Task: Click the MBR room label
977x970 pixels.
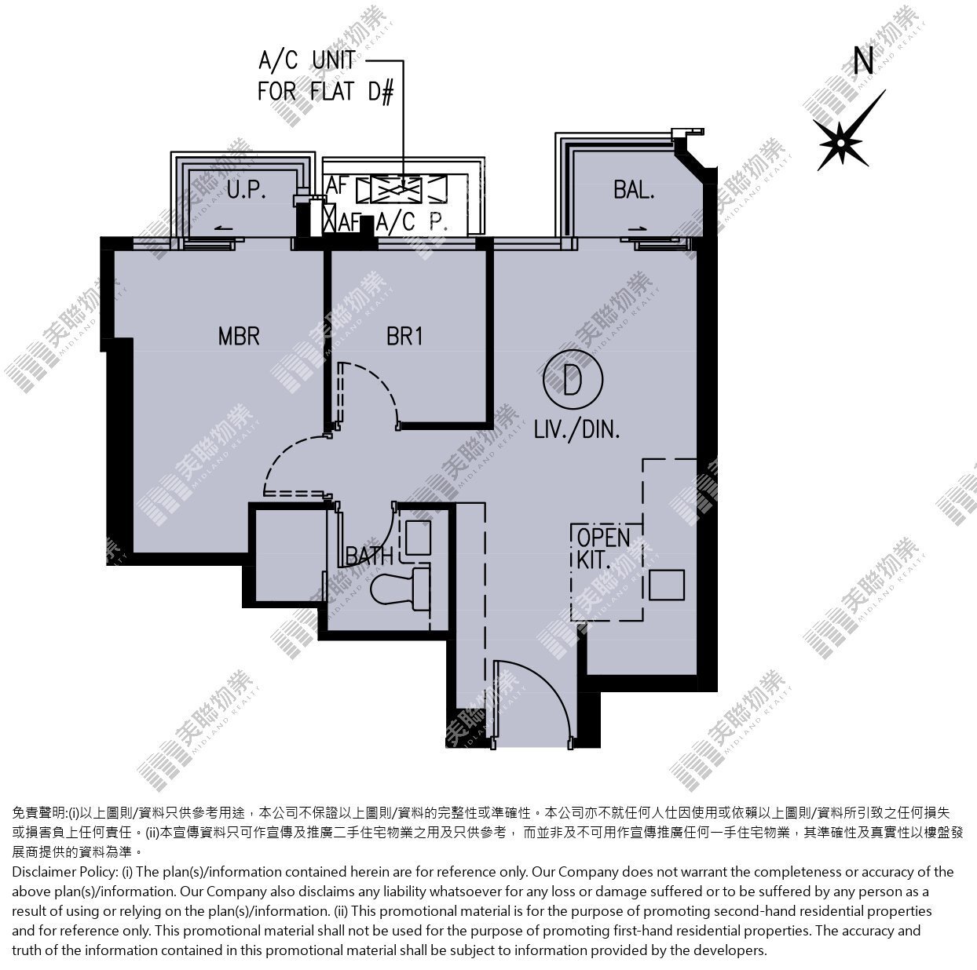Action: (239, 336)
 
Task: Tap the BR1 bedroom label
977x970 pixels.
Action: (404, 336)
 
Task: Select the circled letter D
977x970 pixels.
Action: (573, 380)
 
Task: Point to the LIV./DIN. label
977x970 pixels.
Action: (577, 430)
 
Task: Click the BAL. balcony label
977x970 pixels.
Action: (634, 190)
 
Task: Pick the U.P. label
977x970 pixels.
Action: (247, 190)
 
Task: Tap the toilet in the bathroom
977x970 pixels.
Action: (401, 589)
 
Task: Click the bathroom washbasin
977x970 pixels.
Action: (419, 538)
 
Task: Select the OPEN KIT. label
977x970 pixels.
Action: (603, 549)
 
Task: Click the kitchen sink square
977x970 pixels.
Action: (667, 585)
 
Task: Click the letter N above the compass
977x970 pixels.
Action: (864, 60)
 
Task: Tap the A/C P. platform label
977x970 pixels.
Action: (412, 221)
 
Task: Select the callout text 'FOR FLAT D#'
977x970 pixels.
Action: (325, 92)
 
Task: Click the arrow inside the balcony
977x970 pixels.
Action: (640, 228)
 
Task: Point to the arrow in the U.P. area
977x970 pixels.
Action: (223, 228)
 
